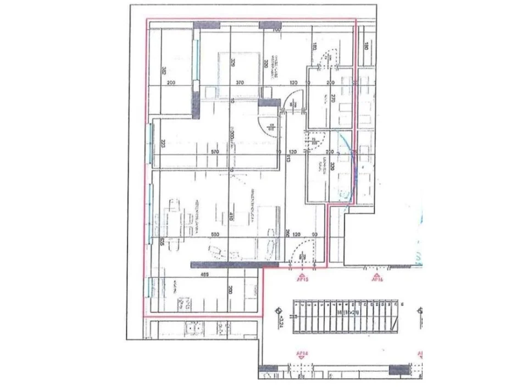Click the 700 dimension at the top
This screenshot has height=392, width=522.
pos(276,30)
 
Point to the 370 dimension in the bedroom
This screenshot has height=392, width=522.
pos(240,82)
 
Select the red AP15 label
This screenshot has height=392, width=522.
pos(302,279)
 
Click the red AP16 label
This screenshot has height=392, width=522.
pos(376,279)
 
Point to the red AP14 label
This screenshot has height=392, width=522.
pos(301,355)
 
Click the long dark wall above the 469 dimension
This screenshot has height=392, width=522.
pos(226,264)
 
